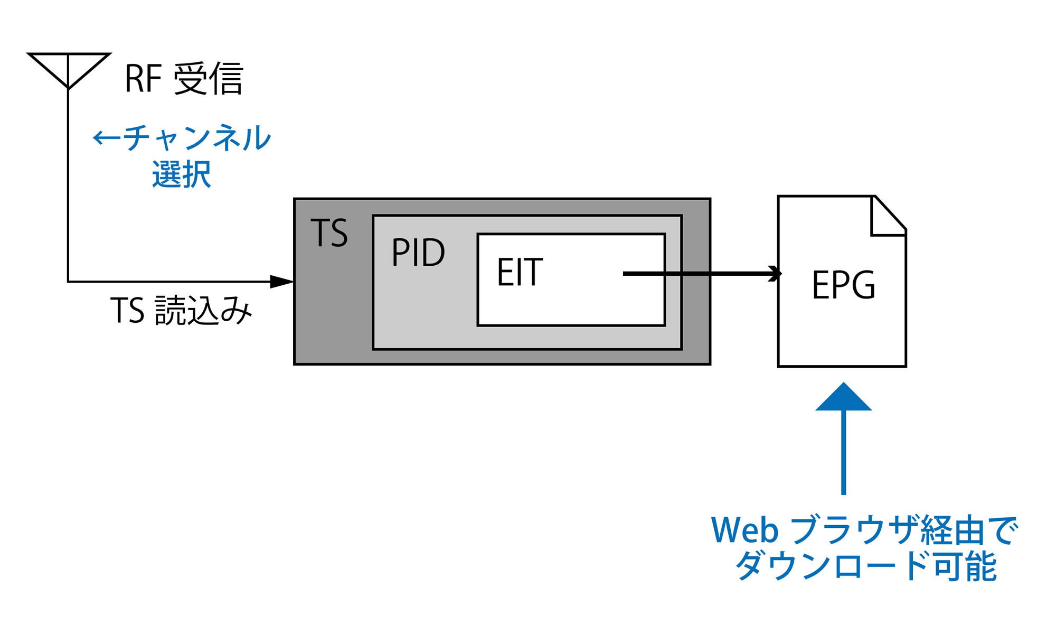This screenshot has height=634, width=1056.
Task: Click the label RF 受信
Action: click(184, 79)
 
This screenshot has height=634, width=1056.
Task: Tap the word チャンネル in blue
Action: click(196, 138)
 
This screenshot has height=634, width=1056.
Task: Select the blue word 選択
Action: click(182, 174)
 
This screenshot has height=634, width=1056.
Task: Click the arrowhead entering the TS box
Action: click(282, 282)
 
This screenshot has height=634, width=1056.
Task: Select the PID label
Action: click(418, 252)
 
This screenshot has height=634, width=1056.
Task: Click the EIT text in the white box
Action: click(520, 272)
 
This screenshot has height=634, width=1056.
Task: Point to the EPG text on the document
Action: click(843, 285)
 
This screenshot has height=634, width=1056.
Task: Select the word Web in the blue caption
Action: click(744, 530)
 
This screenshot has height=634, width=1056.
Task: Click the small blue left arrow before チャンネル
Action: click(107, 138)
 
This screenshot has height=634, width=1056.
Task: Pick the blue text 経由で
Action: click(969, 530)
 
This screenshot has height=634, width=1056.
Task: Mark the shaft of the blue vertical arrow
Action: click(843, 452)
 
